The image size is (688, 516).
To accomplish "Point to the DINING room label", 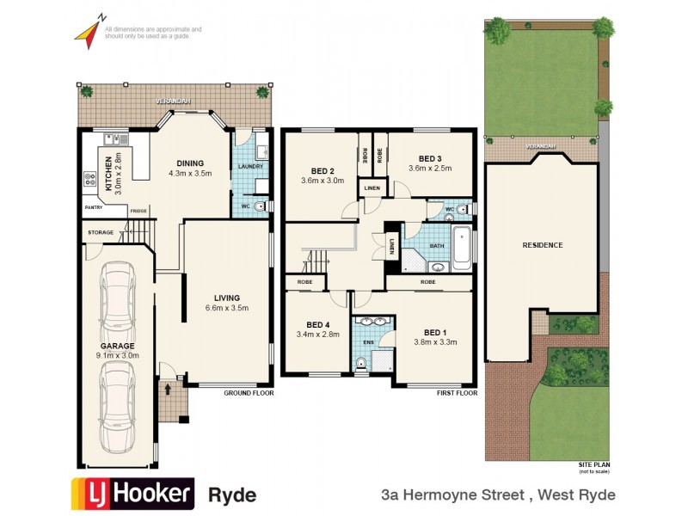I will pos(189,163).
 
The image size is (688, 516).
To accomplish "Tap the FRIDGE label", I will pos(138,211).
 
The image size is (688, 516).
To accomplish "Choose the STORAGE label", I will pos(102,232).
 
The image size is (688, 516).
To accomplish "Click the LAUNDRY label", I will pos(250,166).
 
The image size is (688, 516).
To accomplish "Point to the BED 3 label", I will pos(430,158).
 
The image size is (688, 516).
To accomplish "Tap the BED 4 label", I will pos(317,324).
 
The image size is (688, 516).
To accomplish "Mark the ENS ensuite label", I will pos(368,341).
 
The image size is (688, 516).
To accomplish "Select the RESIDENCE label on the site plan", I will pos(542,245).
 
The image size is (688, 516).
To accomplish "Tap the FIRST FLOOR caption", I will pos(456,392).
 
